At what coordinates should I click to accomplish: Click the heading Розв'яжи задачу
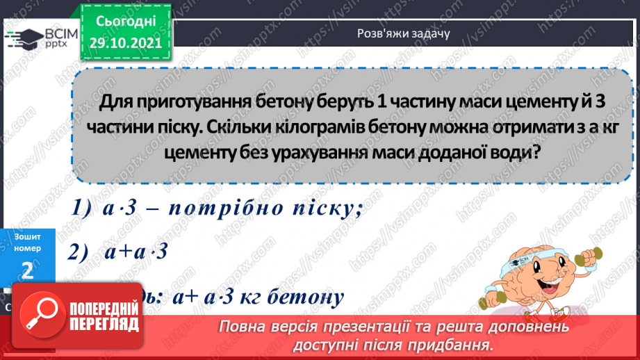tap(404, 33)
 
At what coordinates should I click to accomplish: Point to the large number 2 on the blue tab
tap(27, 270)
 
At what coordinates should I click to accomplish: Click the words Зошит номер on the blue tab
tap(27, 242)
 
